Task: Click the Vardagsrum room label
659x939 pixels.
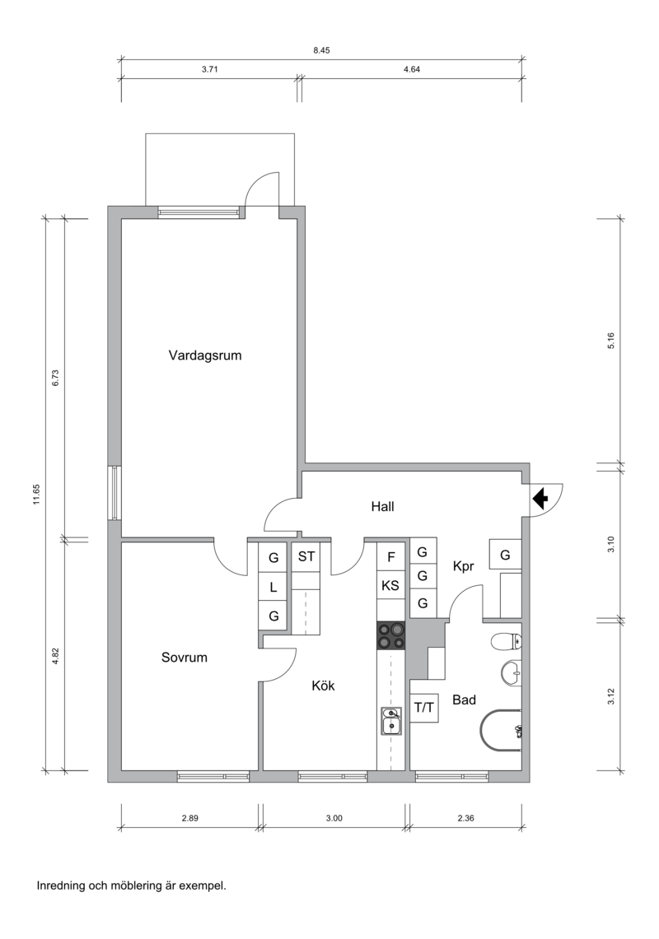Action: click(x=205, y=356)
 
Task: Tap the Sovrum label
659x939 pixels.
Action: click(x=184, y=658)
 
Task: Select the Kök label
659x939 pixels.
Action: click(x=323, y=686)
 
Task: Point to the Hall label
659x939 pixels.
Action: click(x=382, y=507)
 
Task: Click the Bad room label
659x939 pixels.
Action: click(x=464, y=700)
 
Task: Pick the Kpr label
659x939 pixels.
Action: click(x=464, y=566)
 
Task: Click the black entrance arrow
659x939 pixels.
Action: click(x=540, y=498)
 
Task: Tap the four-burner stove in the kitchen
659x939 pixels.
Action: click(x=391, y=635)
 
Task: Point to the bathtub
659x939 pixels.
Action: click(x=502, y=731)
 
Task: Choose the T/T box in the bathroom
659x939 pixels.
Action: click(x=424, y=708)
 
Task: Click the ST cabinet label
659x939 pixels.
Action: click(x=306, y=556)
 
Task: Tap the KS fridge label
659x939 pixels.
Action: click(x=390, y=586)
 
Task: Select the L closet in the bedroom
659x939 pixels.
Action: click(x=273, y=588)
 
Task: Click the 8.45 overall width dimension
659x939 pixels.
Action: click(x=321, y=50)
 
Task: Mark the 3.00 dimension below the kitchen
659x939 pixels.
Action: click(x=334, y=818)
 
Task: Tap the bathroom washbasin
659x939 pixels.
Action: click(x=512, y=672)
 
